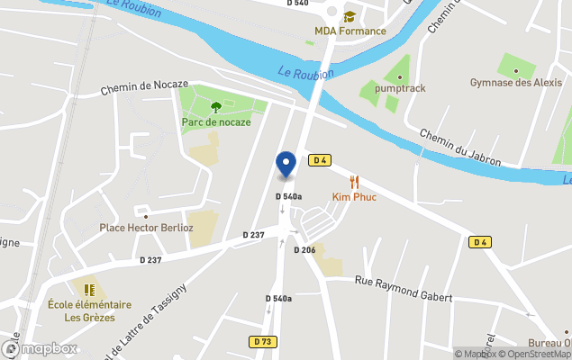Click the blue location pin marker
tap(286, 164)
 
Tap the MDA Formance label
tap(350, 31)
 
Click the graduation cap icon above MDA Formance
tap(350, 15)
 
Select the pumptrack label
tap(400, 88)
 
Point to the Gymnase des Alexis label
tap(514, 83)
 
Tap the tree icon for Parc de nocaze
tap(215, 107)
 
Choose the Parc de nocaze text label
tap(215, 121)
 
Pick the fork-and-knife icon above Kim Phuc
tap(354, 181)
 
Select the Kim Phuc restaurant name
tap(354, 197)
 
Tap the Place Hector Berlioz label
tap(146, 229)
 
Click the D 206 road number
tap(304, 249)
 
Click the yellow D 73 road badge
tap(263, 342)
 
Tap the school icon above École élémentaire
tap(89, 290)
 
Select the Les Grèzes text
tap(89, 317)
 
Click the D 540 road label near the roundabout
tap(297, 4)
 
